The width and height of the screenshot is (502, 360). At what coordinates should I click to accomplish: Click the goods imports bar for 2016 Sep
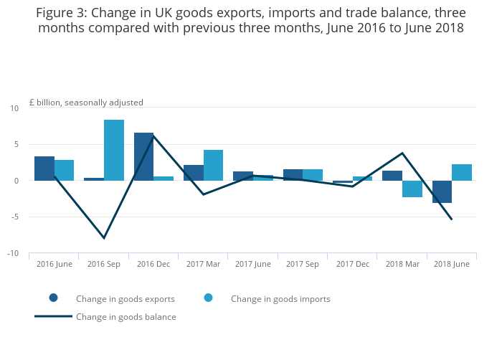point(114,150)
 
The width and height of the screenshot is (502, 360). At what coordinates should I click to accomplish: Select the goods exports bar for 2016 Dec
point(143,156)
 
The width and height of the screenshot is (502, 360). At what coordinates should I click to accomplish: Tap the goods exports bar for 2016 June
point(44,169)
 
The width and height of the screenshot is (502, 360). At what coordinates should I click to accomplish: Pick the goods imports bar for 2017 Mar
point(213,165)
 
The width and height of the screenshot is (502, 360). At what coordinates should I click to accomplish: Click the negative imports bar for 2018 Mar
point(412,189)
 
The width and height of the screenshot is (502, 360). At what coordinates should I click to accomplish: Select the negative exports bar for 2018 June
point(442,191)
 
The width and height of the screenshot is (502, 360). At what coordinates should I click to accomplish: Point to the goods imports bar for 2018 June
point(462,172)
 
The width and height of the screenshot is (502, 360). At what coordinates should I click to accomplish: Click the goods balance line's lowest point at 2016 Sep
point(104,238)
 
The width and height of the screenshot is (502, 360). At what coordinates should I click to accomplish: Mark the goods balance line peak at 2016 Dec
point(153,136)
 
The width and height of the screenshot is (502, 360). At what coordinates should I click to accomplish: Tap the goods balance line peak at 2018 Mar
point(402,153)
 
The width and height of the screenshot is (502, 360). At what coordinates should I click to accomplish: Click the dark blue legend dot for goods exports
point(54,298)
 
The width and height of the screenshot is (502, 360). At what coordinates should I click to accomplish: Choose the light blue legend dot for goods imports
point(209,298)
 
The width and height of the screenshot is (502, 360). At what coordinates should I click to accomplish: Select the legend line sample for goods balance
point(54,316)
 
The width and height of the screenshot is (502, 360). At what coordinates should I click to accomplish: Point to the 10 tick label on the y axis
point(14,108)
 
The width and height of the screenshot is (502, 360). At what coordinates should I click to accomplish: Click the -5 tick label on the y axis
point(15,217)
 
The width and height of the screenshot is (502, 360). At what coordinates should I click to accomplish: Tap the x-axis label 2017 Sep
point(303,264)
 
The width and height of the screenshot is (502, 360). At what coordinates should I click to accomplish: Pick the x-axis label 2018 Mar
point(402,264)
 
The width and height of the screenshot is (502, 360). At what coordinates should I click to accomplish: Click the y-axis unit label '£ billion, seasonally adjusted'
point(86,103)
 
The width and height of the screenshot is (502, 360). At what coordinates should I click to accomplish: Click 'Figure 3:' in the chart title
point(61,13)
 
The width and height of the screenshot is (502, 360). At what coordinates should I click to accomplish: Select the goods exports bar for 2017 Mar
point(194,173)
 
